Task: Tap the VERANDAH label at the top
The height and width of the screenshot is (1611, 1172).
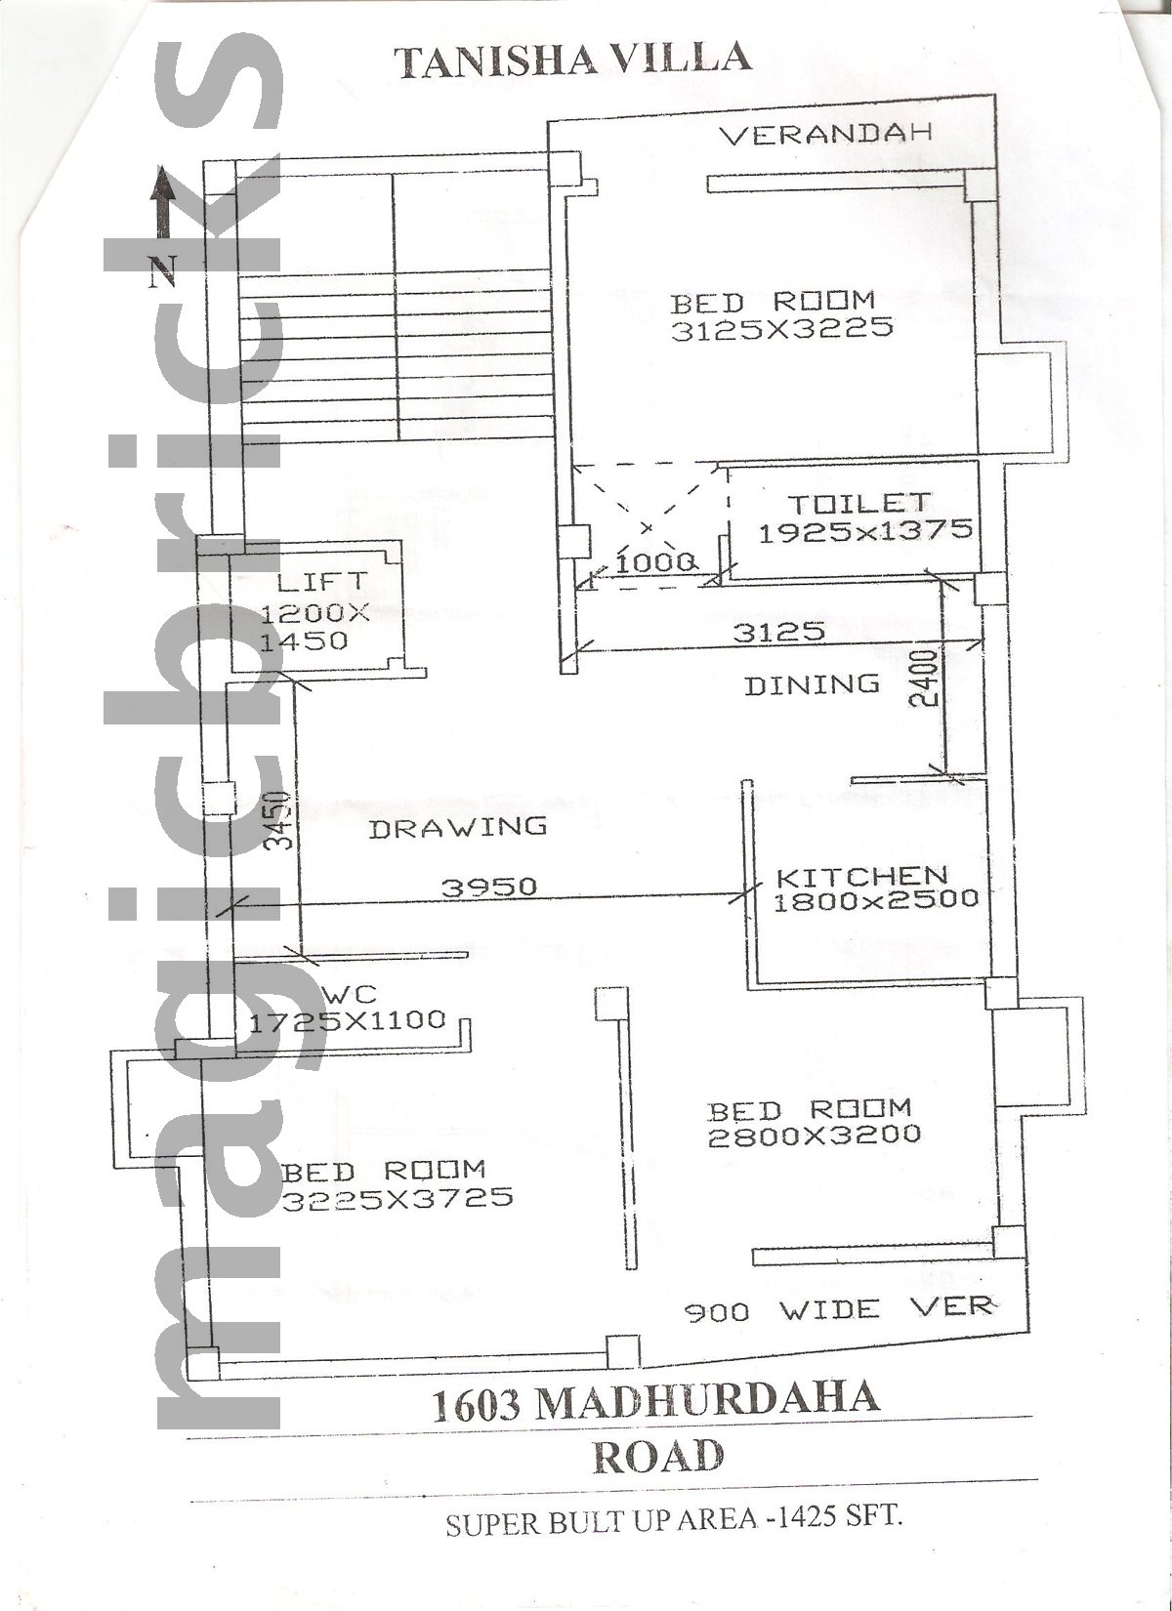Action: [826, 135]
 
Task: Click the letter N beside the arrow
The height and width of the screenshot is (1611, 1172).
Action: [162, 271]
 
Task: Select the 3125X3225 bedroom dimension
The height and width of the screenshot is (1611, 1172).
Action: [782, 329]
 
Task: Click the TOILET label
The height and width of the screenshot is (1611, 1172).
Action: [859, 504]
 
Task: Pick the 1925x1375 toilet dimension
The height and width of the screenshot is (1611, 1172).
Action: [865, 531]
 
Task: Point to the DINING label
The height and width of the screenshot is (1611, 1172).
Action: [813, 685]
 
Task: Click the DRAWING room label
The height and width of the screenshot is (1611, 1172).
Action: [458, 827]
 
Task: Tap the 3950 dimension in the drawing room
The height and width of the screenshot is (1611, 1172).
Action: [489, 888]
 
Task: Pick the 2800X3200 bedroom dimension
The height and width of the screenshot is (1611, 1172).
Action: [814, 1136]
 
